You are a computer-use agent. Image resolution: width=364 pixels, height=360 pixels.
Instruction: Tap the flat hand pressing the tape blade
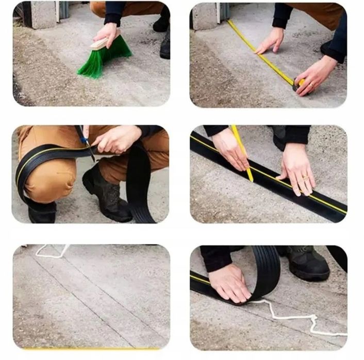coord(270,41)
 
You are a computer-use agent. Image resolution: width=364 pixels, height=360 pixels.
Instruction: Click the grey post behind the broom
coord(43,14)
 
